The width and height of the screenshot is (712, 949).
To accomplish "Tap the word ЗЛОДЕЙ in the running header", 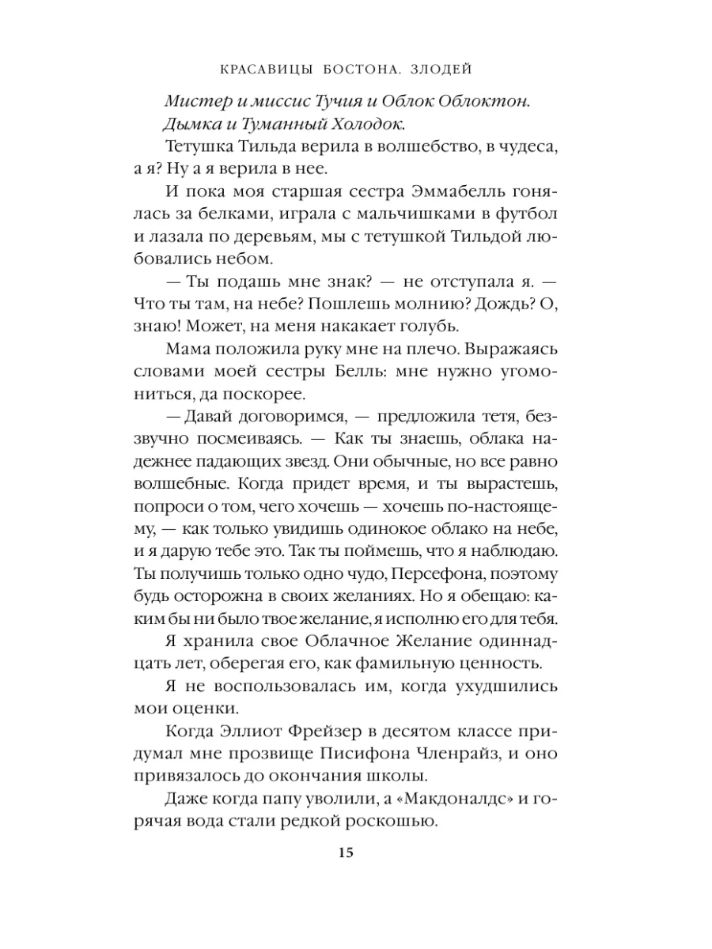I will coord(445,70).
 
